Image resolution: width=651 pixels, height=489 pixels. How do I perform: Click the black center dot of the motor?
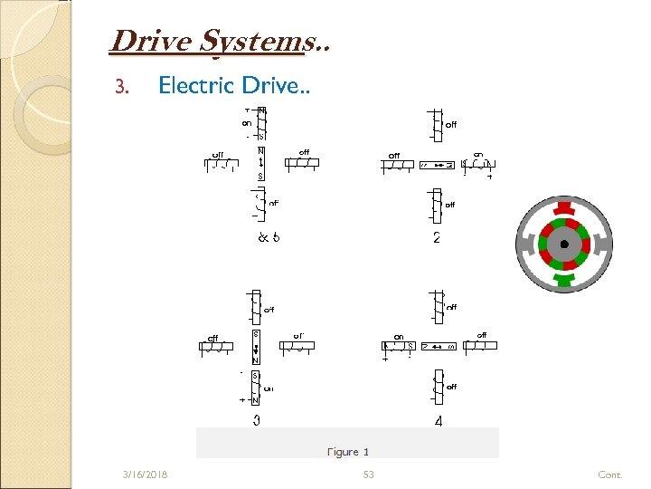click(564, 244)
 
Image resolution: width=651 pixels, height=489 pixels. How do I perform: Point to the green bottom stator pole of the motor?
click(564, 283)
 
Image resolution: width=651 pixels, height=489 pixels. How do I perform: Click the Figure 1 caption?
click(348, 451)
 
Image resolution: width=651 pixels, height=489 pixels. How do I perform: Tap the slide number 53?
click(368, 475)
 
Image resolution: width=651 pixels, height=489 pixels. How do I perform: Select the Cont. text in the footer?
click(610, 475)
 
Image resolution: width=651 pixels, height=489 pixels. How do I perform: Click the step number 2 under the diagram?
click(437, 238)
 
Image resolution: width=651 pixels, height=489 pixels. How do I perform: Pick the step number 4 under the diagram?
click(439, 422)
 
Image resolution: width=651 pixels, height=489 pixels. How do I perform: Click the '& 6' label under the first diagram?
click(269, 238)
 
